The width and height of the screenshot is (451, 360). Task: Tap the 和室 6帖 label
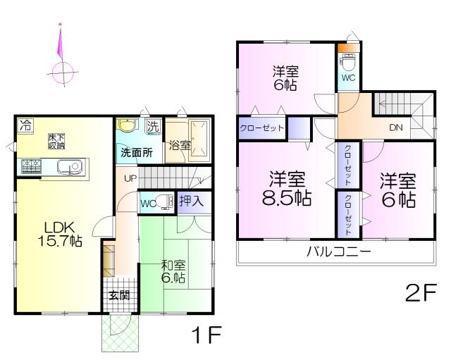pos(173,272)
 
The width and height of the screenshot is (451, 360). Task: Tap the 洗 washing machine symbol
pos(152,127)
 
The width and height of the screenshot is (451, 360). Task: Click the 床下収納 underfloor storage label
pos(57,141)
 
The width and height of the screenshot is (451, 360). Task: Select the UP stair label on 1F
pos(131,178)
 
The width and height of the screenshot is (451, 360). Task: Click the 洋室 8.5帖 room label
pos(286,188)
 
